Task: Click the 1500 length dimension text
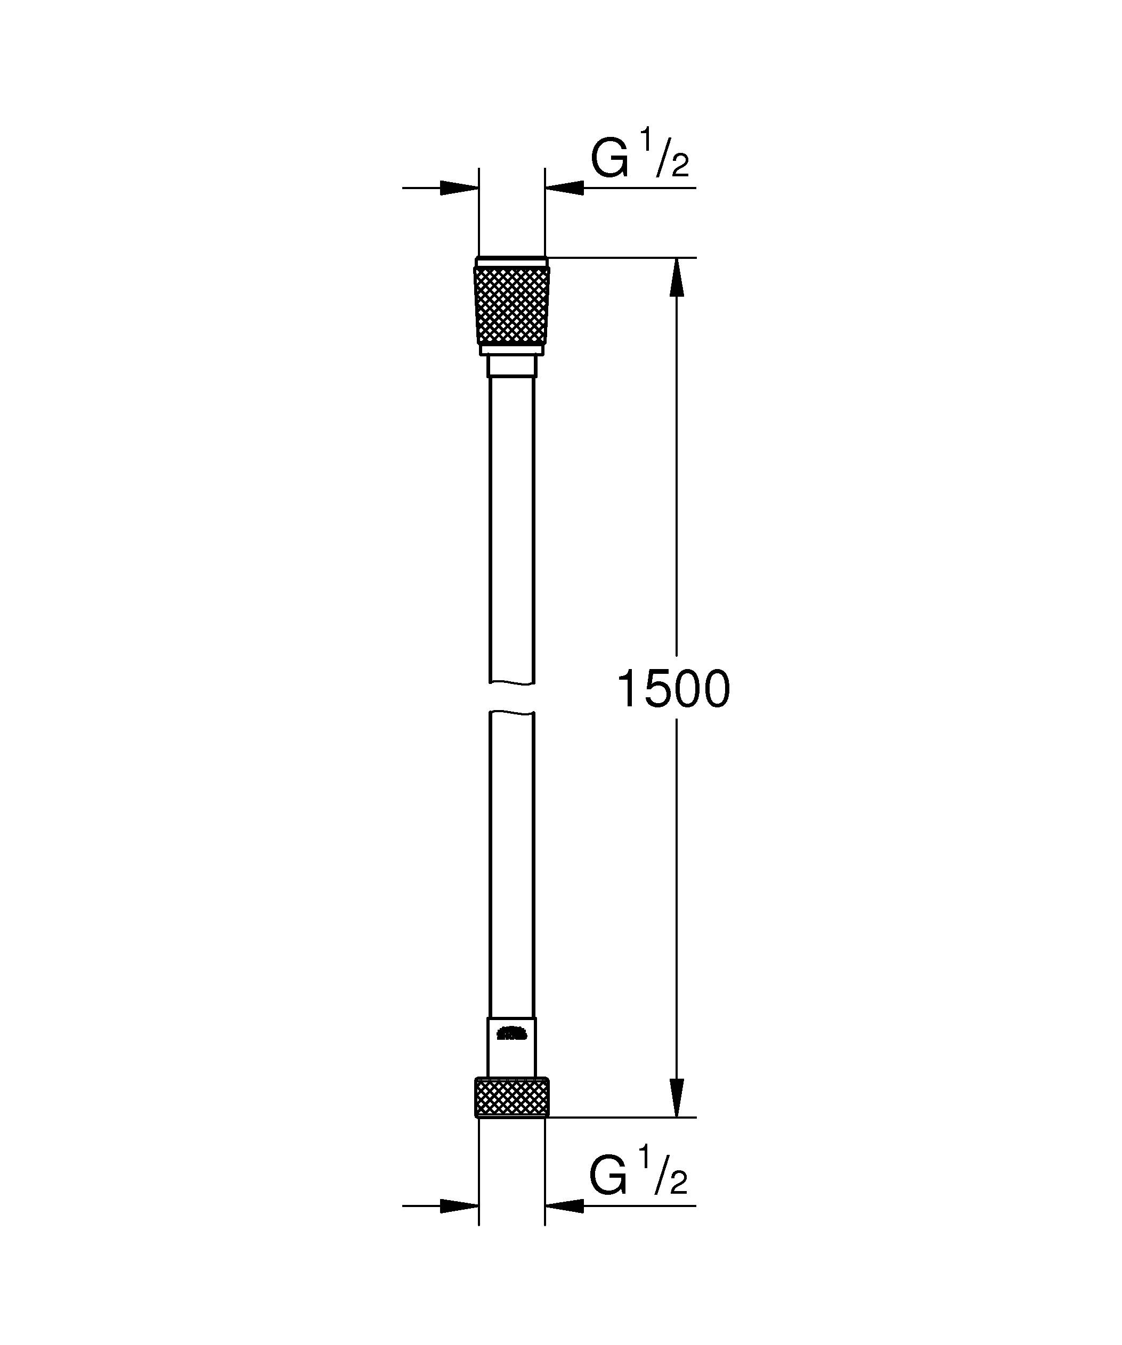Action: [672, 690]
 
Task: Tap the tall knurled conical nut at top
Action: [511, 306]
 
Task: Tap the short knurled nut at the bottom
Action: [511, 1098]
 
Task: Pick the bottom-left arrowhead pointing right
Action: [460, 1206]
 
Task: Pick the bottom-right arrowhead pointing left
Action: [565, 1206]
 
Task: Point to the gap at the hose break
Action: [511, 697]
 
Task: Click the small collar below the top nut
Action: [511, 367]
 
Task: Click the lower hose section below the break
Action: [511, 865]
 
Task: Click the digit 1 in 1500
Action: [628, 690]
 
